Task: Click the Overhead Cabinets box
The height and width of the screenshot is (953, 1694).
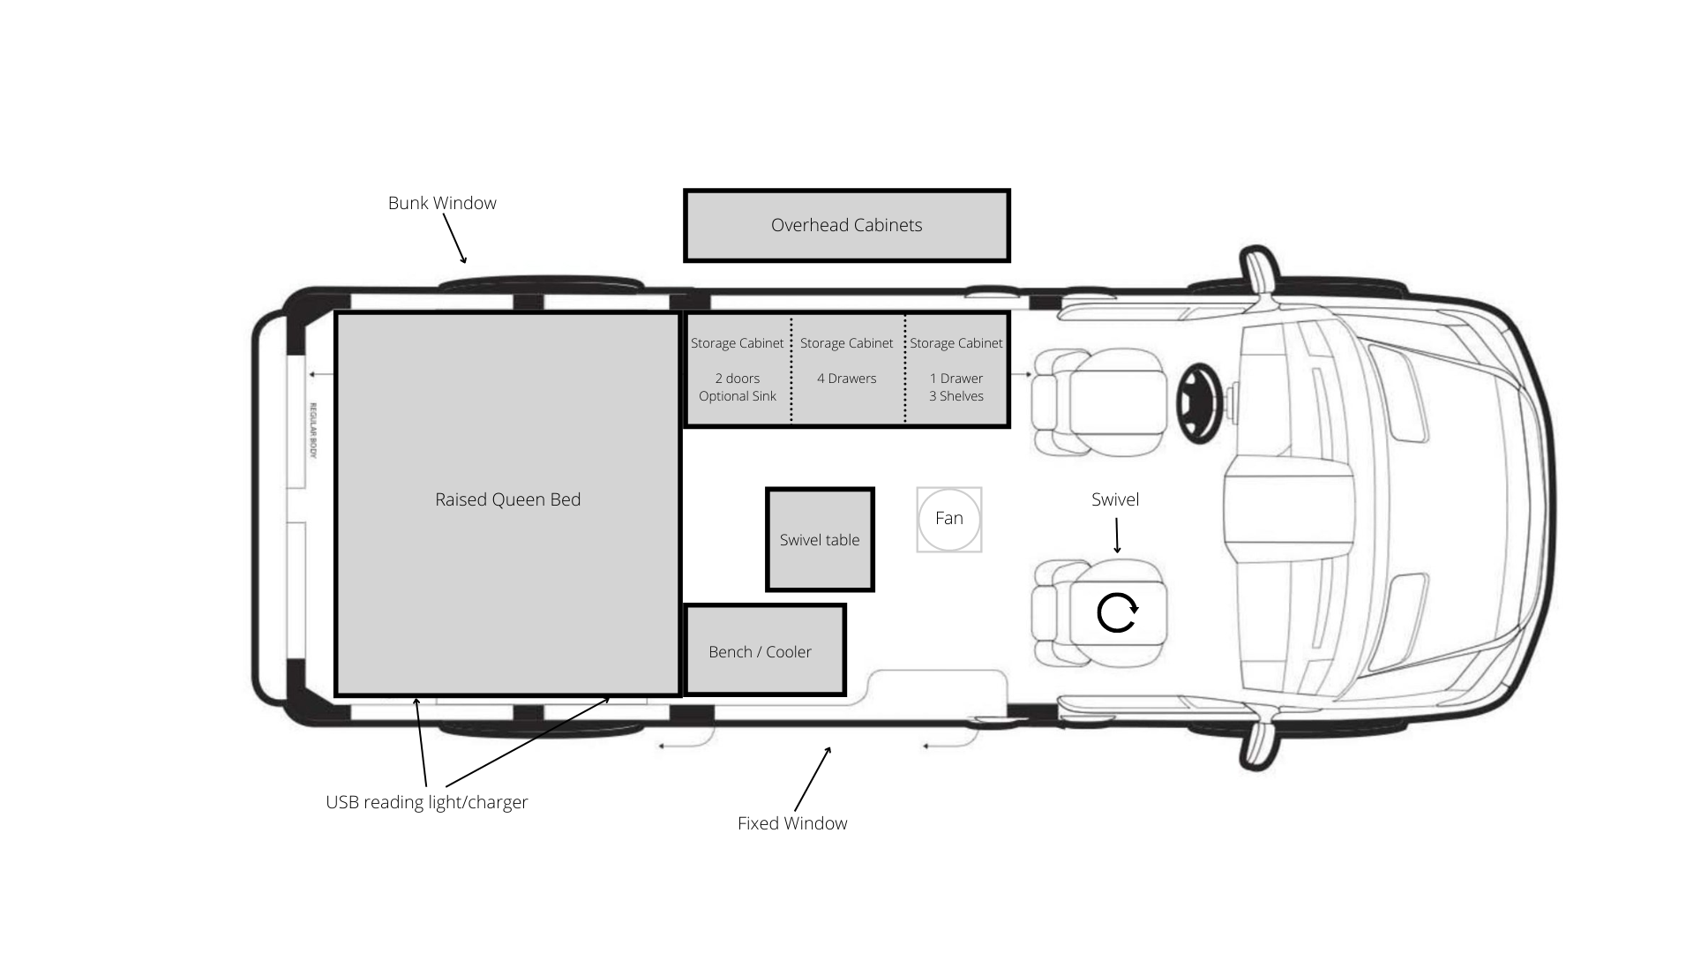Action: point(846,225)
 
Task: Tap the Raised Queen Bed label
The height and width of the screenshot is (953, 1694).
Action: point(507,499)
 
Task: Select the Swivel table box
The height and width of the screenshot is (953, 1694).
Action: point(820,539)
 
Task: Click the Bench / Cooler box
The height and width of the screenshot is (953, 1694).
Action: point(764,650)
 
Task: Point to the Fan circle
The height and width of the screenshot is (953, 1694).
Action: point(948,519)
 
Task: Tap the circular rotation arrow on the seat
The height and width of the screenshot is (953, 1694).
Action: point(1117,612)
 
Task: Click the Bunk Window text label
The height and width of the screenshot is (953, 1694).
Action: point(442,203)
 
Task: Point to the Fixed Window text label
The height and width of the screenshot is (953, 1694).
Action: point(792,823)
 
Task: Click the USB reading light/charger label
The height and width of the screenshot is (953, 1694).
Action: point(427,802)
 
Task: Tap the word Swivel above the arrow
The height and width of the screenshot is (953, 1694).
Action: point(1115,499)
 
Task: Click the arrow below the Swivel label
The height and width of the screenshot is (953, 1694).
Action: point(1117,536)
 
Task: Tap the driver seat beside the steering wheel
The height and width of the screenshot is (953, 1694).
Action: point(1103,401)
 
